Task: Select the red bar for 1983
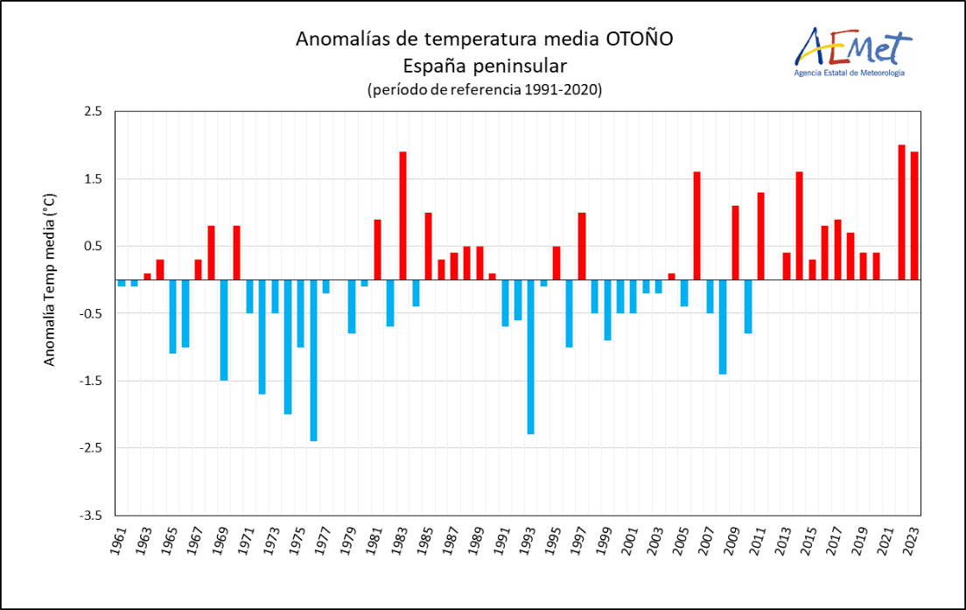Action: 402,215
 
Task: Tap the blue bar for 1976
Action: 313,360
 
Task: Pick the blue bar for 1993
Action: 530,356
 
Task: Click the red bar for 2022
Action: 901,212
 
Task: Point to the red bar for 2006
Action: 696,226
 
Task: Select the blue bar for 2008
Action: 723,326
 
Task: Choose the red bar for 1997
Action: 582,246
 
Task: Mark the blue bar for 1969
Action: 224,330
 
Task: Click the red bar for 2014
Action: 799,226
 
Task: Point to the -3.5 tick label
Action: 91,515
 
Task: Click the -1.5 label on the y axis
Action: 91,381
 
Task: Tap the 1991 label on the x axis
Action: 504,542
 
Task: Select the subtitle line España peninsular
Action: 484,65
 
